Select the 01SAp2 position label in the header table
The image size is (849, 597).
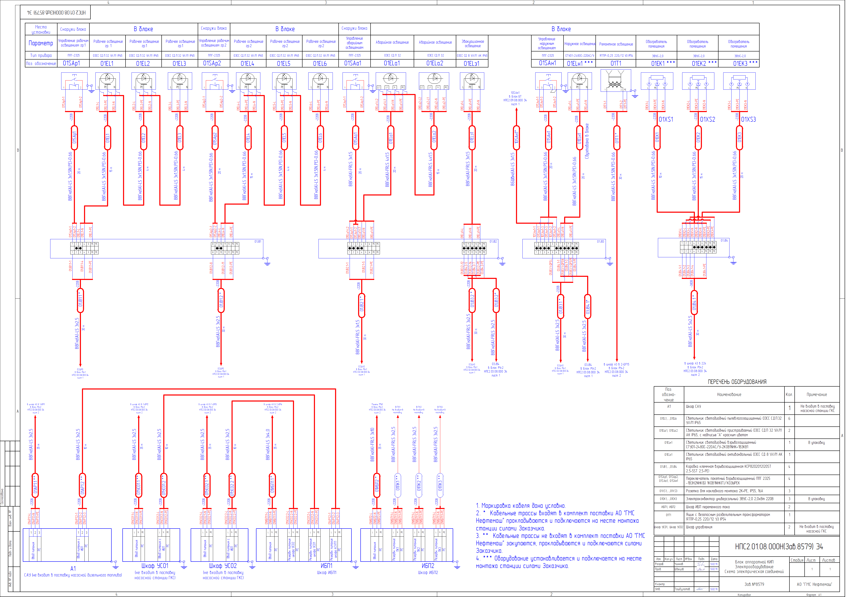click(x=212, y=63)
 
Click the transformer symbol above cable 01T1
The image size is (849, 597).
click(x=615, y=81)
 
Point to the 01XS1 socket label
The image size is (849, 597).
click(x=666, y=120)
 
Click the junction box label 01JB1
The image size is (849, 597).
click(x=258, y=242)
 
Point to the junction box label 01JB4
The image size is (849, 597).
click(x=724, y=241)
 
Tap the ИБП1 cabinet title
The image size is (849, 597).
click(x=327, y=565)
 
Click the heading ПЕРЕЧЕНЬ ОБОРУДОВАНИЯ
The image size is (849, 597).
click(x=737, y=382)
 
